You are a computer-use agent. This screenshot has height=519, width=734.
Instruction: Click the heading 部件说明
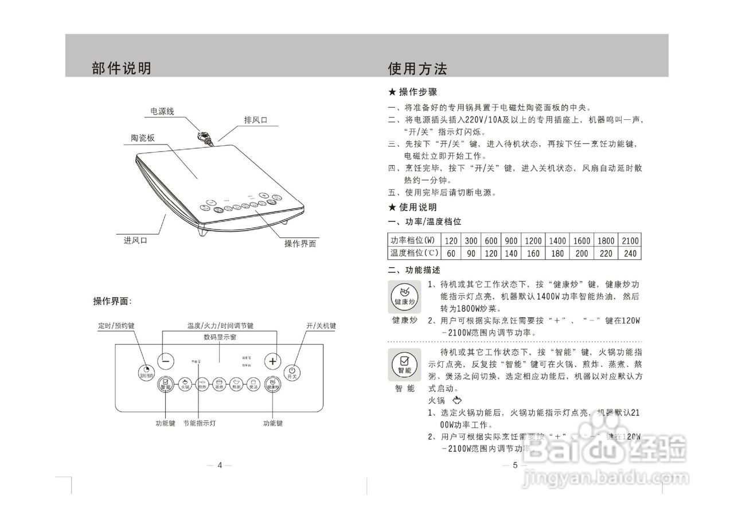click(x=122, y=68)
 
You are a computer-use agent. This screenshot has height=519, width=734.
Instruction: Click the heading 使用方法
click(x=417, y=69)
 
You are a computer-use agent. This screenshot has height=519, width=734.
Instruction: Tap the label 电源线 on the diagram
click(x=162, y=111)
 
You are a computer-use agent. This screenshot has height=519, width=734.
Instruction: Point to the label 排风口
click(x=256, y=120)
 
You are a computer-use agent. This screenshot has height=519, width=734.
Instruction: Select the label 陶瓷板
click(x=142, y=138)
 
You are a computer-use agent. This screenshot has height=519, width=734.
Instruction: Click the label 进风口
click(x=135, y=240)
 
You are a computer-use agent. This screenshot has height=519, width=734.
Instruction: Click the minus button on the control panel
click(x=166, y=361)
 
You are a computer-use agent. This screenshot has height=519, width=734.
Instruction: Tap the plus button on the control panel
click(x=273, y=361)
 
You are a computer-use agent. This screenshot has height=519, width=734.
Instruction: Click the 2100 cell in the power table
click(x=630, y=240)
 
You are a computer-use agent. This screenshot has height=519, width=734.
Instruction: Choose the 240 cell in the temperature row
click(x=630, y=253)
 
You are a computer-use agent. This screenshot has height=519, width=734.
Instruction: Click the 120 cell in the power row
click(x=451, y=240)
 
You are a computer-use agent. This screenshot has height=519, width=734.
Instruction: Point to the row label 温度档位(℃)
click(x=415, y=253)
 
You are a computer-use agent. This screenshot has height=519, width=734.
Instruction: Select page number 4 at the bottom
click(x=220, y=465)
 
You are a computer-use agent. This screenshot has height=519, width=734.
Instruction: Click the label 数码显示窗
click(x=220, y=337)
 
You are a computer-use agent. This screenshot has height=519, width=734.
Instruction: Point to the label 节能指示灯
click(x=199, y=423)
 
